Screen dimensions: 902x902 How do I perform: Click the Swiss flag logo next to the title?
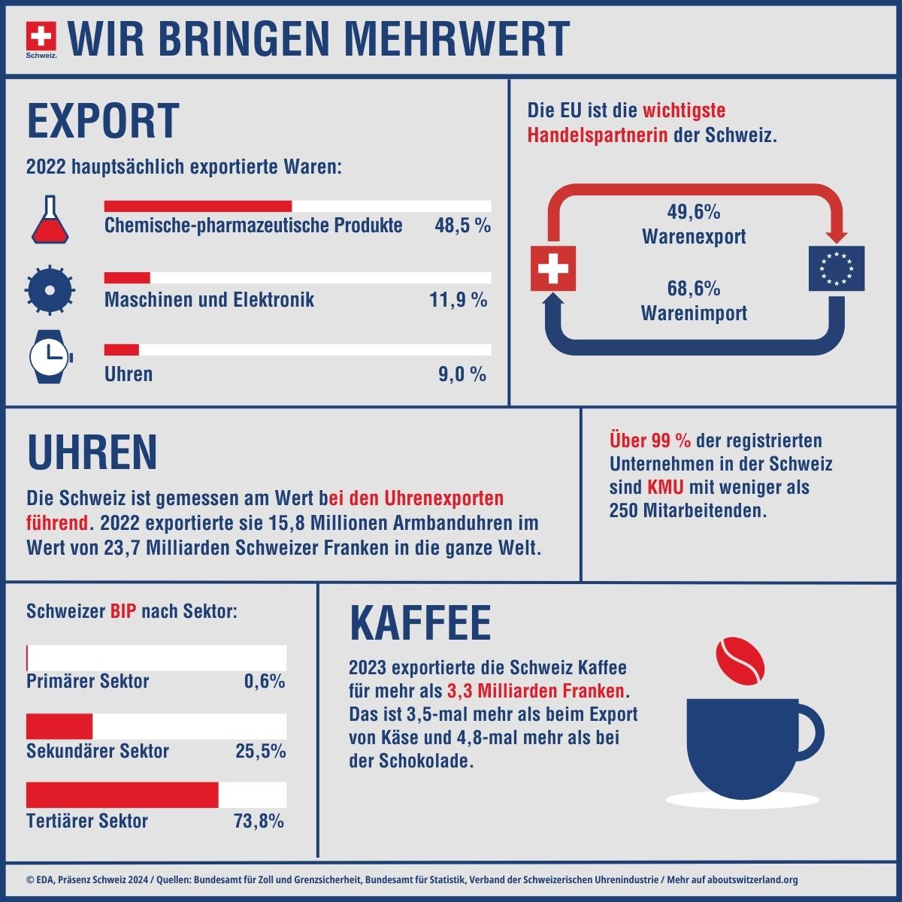pos(41,36)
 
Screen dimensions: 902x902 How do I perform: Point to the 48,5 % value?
pos(462,225)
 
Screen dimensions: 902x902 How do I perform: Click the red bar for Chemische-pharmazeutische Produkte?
pos(198,206)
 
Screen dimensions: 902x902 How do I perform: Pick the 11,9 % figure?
pos(459,300)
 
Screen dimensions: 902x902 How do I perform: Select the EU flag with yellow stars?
pos(836,268)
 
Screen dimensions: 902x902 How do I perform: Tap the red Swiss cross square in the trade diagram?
pos(553,268)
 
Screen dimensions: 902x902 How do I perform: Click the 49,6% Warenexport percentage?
pos(694,212)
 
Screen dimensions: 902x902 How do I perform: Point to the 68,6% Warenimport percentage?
pos(694,289)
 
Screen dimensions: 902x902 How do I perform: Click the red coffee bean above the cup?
pos(740,662)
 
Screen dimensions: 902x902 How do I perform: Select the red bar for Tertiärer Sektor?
pos(122,795)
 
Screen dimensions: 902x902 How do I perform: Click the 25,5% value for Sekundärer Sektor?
pos(260,751)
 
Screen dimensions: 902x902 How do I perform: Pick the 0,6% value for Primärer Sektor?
pos(265,681)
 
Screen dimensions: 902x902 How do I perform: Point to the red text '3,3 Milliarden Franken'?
pos(536,690)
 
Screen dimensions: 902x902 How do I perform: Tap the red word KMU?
pos(665,487)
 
